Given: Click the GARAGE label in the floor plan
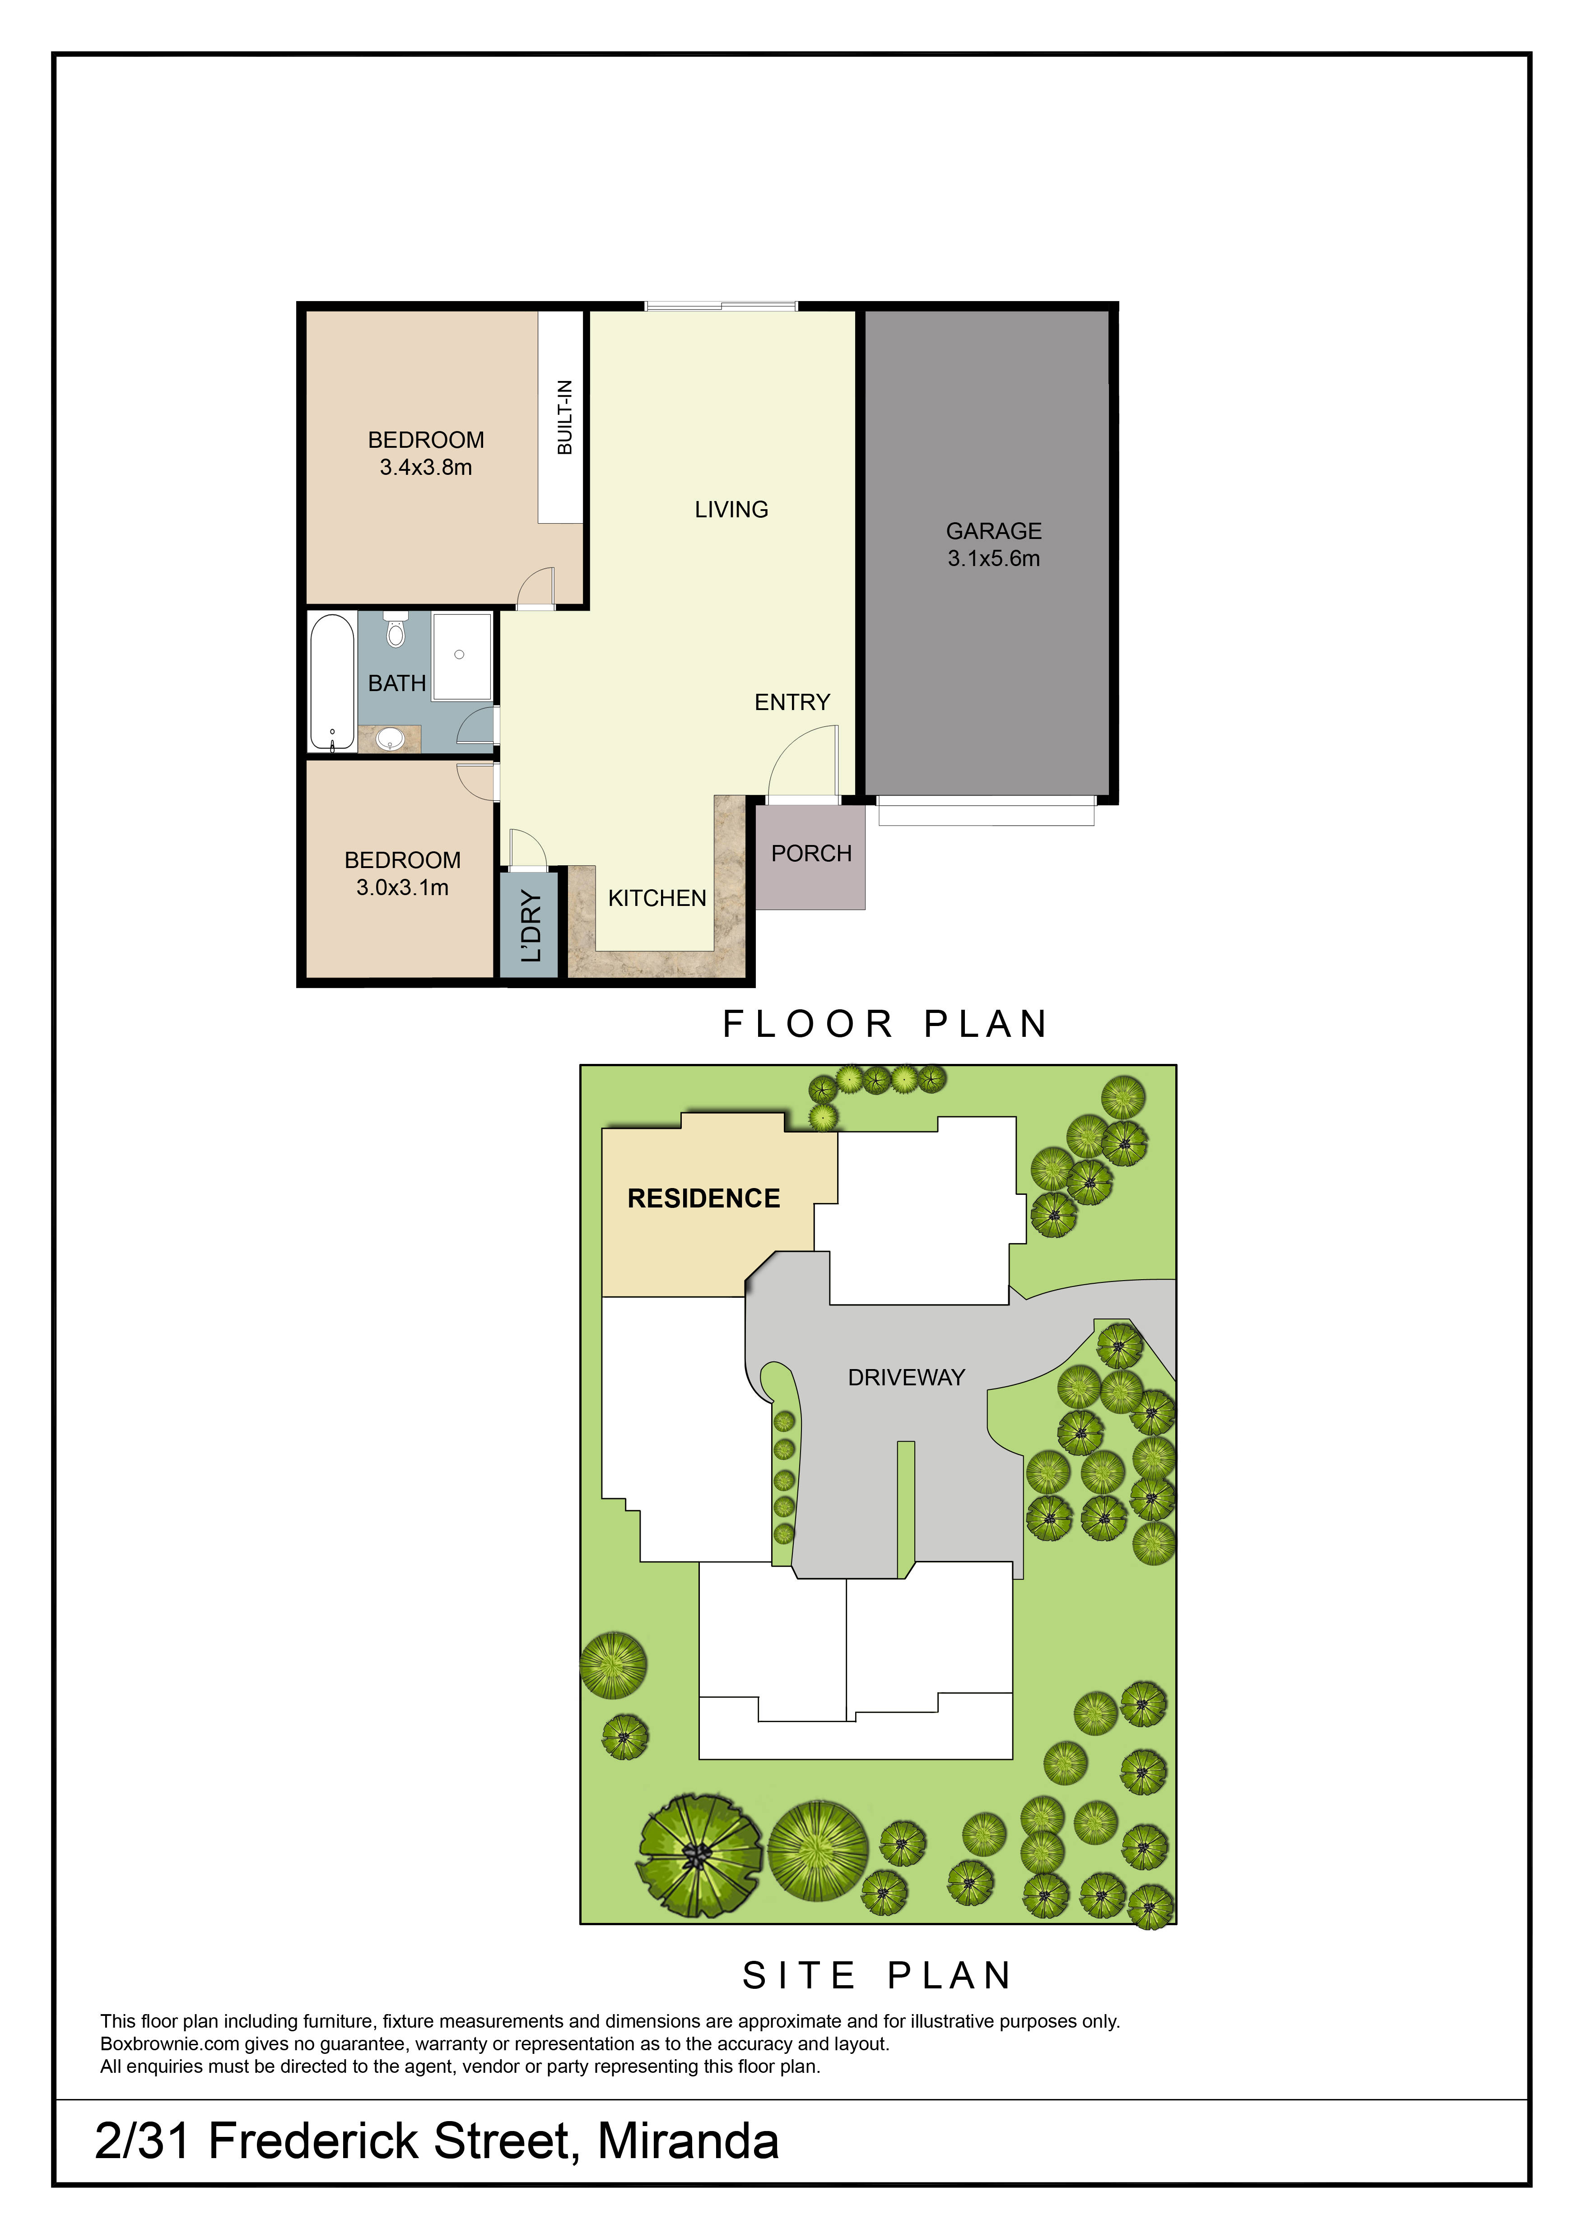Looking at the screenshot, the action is click(x=993, y=531).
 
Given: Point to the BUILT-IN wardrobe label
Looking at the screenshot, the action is click(x=564, y=417).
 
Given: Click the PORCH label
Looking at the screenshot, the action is click(x=811, y=854).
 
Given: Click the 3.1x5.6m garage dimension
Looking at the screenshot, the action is click(x=993, y=558).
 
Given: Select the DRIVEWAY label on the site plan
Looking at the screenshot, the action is click(x=907, y=1377).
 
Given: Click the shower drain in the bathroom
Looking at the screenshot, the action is click(x=459, y=655).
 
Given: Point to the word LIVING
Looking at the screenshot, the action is click(x=731, y=510).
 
